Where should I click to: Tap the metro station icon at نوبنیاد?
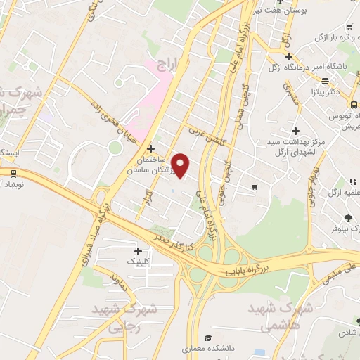point(13,173)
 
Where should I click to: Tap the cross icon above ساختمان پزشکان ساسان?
point(152,148)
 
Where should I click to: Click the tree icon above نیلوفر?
point(348,217)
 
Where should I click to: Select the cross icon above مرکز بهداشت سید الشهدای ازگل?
point(296,131)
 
